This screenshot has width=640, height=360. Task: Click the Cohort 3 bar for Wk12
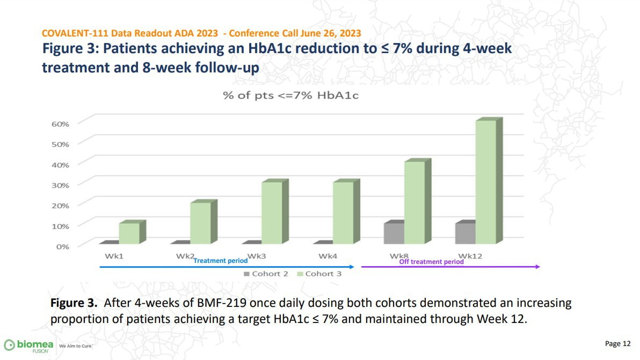(x=485, y=182)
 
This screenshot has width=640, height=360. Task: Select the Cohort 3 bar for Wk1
(x=129, y=233)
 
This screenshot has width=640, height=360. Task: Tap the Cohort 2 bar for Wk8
(x=394, y=233)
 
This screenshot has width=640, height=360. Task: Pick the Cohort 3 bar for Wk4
(x=343, y=213)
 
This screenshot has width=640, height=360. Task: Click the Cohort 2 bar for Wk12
(x=465, y=233)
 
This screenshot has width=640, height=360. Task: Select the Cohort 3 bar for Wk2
(x=200, y=223)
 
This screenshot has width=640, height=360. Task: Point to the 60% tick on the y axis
(x=60, y=124)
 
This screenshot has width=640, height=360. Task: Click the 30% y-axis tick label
(x=60, y=185)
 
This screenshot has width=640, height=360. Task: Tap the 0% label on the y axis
(x=62, y=246)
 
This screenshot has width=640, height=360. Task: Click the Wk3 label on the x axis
(x=256, y=256)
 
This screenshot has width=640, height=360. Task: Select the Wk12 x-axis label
(x=470, y=256)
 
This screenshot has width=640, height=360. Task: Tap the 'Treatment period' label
(x=220, y=261)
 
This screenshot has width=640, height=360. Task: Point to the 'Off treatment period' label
(x=431, y=262)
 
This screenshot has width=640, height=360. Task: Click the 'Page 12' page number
(x=618, y=343)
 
